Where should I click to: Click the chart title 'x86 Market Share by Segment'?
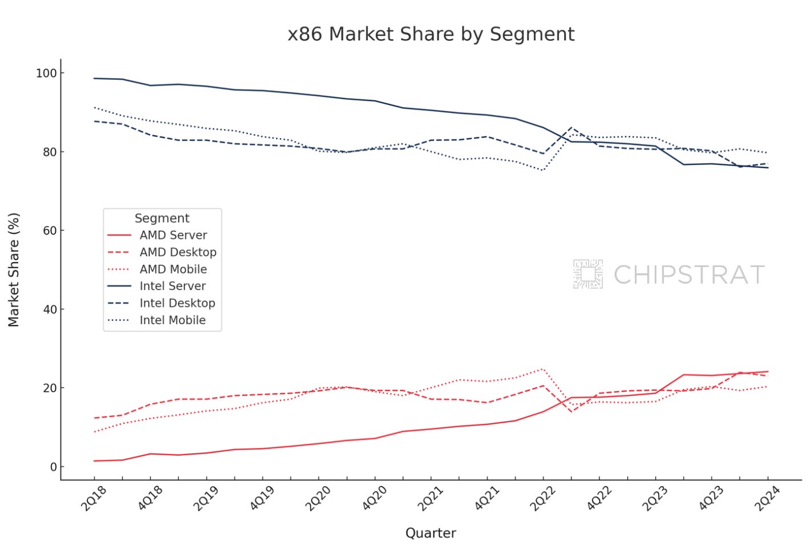431,34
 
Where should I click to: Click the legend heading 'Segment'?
162,219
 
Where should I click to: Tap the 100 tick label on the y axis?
46,73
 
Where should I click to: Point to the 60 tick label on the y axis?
50,231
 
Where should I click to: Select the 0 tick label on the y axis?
53,467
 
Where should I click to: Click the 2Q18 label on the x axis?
94,498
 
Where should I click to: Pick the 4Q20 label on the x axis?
375,498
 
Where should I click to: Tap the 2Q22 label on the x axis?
542,498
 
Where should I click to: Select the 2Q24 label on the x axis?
767,498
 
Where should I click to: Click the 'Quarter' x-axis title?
431,533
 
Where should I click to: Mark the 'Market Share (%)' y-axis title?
14,270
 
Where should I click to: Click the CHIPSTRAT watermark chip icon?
588,274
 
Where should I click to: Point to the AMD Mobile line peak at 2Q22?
543,369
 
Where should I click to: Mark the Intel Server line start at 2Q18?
95,78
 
